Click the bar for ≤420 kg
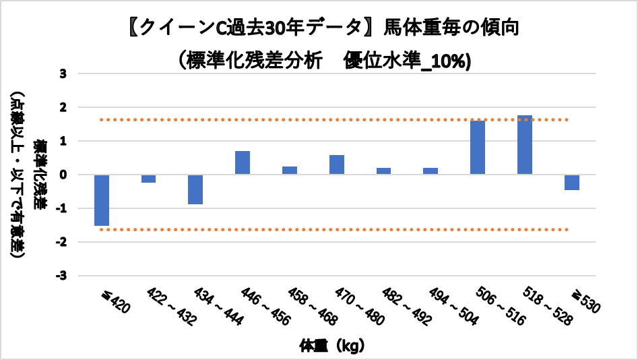(102, 200)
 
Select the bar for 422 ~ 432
(149, 179)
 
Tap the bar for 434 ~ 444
(195, 189)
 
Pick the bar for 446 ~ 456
(243, 163)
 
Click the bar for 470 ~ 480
(337, 165)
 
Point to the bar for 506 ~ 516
(478, 148)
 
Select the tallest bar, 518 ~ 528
(525, 145)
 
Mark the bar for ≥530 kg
(572, 182)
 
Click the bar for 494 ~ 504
(430, 171)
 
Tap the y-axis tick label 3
(63, 73)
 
